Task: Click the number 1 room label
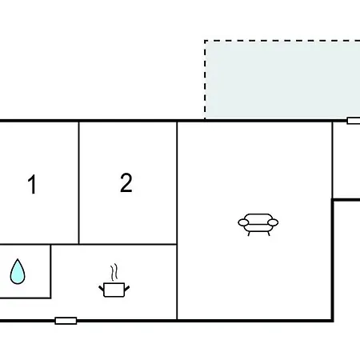pyautogui.click(x=32, y=184)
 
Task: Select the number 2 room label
pyautogui.click(x=126, y=182)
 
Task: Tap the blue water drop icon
pyautogui.click(x=18, y=271)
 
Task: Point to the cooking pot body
pyautogui.click(x=114, y=290)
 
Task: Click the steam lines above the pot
pyautogui.click(x=114, y=272)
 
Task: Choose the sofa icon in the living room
pyautogui.click(x=258, y=225)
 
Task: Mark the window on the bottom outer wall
pyautogui.click(x=66, y=321)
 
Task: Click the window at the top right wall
pyautogui.click(x=354, y=121)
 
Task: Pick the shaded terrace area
pyautogui.click(x=282, y=80)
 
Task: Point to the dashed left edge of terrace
pyautogui.click(x=205, y=80)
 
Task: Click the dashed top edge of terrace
pyautogui.click(x=282, y=41)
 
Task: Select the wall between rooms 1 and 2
pyautogui.click(x=79, y=182)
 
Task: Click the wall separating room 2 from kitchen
pyautogui.click(x=128, y=244)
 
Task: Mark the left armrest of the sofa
pyautogui.click(x=243, y=222)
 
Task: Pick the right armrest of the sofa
pyautogui.click(x=273, y=222)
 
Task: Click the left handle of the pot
pyautogui.click(x=102, y=289)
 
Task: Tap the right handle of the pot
pyautogui.click(x=127, y=289)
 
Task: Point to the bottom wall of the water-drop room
pyautogui.click(x=26, y=298)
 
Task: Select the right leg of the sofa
pyautogui.click(x=269, y=234)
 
